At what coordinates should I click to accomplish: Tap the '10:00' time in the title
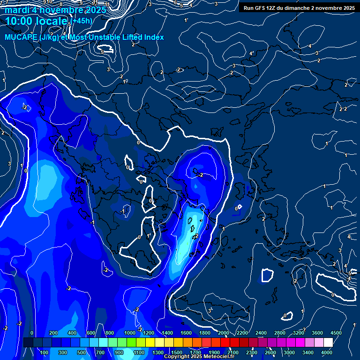click(x=21, y=21)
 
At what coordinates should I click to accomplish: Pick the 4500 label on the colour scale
click(x=336, y=333)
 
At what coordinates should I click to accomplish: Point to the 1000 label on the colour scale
click(x=130, y=333)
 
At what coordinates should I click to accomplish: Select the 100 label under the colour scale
click(x=45, y=352)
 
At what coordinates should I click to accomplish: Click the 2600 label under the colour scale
click(x=270, y=352)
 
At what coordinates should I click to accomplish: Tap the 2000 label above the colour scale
click(x=224, y=333)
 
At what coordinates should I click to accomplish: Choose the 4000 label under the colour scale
click(x=327, y=352)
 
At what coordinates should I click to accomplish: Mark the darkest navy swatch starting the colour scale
click(x=28, y=343)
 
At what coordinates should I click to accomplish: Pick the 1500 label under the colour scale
click(x=177, y=352)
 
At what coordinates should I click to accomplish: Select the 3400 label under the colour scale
click(x=308, y=352)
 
